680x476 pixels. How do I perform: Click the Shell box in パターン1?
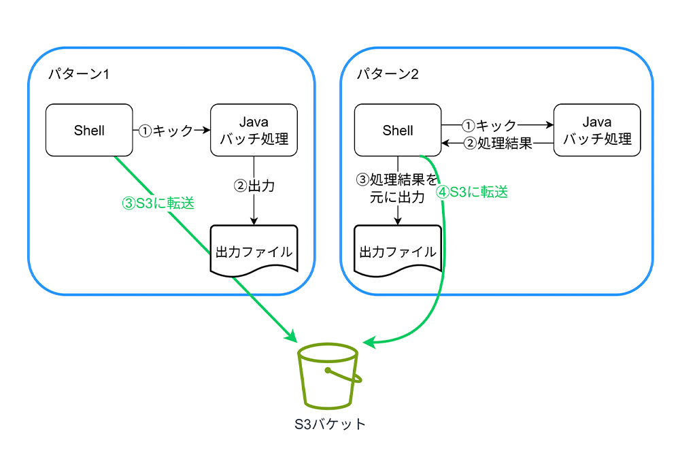(89, 130)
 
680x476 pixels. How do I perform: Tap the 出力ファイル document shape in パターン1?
(254, 251)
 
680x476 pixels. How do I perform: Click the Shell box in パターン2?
(398, 130)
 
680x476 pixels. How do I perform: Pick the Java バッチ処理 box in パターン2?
(597, 130)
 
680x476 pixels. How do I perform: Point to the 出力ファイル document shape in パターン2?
(398, 251)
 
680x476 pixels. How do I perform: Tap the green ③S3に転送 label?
(158, 203)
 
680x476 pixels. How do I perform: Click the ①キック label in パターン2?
(490, 125)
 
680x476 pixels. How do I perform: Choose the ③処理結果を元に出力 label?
(398, 188)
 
